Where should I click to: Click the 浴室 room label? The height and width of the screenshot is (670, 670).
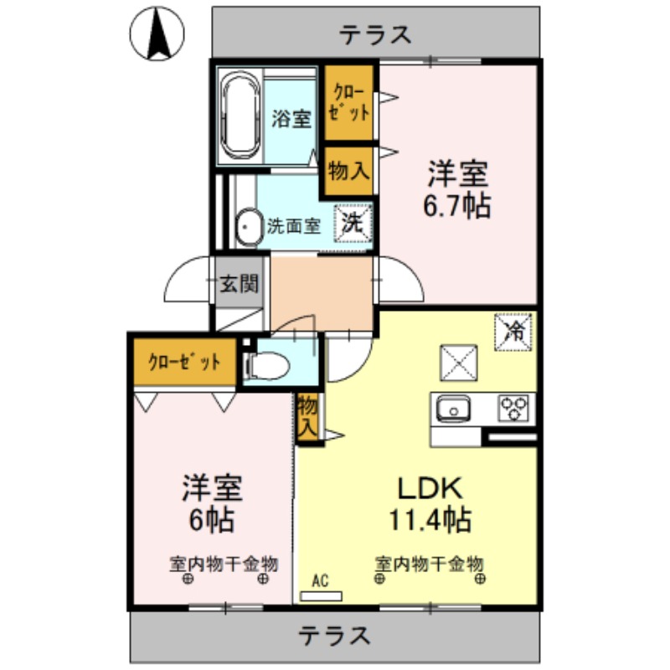click(x=291, y=119)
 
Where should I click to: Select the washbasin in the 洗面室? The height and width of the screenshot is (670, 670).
click(x=246, y=226)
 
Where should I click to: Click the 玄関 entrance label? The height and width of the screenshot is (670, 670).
click(x=238, y=284)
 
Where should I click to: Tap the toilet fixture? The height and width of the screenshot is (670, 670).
click(x=266, y=365)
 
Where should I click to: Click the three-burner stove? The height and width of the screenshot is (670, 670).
click(x=514, y=409)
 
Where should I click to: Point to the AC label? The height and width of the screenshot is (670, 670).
click(x=320, y=580)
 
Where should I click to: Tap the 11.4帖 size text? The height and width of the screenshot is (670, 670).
click(x=428, y=520)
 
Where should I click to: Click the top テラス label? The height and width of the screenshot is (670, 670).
click(x=375, y=34)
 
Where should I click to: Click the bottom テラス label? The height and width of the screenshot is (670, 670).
click(x=335, y=636)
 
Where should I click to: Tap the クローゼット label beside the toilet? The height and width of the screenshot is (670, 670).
click(x=184, y=362)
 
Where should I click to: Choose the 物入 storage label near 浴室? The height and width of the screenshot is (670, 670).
click(x=348, y=171)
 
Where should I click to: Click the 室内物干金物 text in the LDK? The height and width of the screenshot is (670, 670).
click(x=429, y=563)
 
